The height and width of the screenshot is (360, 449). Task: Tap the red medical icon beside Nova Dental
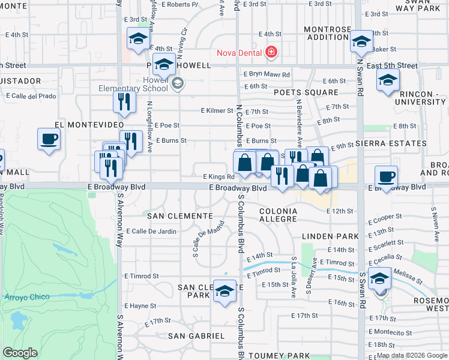[271, 53]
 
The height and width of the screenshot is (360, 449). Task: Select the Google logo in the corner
[20, 353]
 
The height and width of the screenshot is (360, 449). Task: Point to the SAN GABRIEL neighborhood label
[196, 336]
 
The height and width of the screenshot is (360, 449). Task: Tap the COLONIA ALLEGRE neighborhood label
[278, 215]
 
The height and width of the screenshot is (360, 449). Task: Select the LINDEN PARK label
[325, 236]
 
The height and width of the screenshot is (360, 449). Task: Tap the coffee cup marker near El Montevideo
[49, 139]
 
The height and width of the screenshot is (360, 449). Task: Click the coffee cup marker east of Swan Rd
[386, 177]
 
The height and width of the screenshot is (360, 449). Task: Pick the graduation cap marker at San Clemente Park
[224, 292]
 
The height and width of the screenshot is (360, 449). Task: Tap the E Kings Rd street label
[218, 177]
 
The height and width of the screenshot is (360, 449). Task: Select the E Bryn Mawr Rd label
[267, 74]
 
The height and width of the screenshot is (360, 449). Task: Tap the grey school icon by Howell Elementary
[177, 83]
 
